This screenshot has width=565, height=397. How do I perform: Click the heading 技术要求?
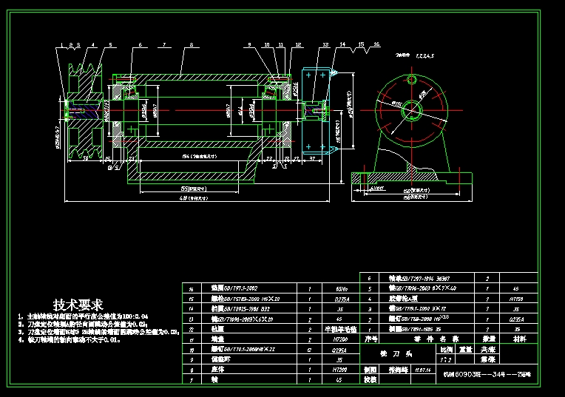click(x=78, y=304)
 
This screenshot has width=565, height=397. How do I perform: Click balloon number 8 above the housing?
click(x=192, y=46)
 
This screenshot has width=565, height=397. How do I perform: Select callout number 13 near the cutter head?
click(x=325, y=46)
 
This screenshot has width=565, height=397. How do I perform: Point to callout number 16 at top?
click(x=376, y=45)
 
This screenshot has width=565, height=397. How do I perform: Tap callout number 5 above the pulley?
click(x=110, y=46)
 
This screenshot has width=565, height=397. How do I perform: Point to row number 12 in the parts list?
click(x=192, y=328)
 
